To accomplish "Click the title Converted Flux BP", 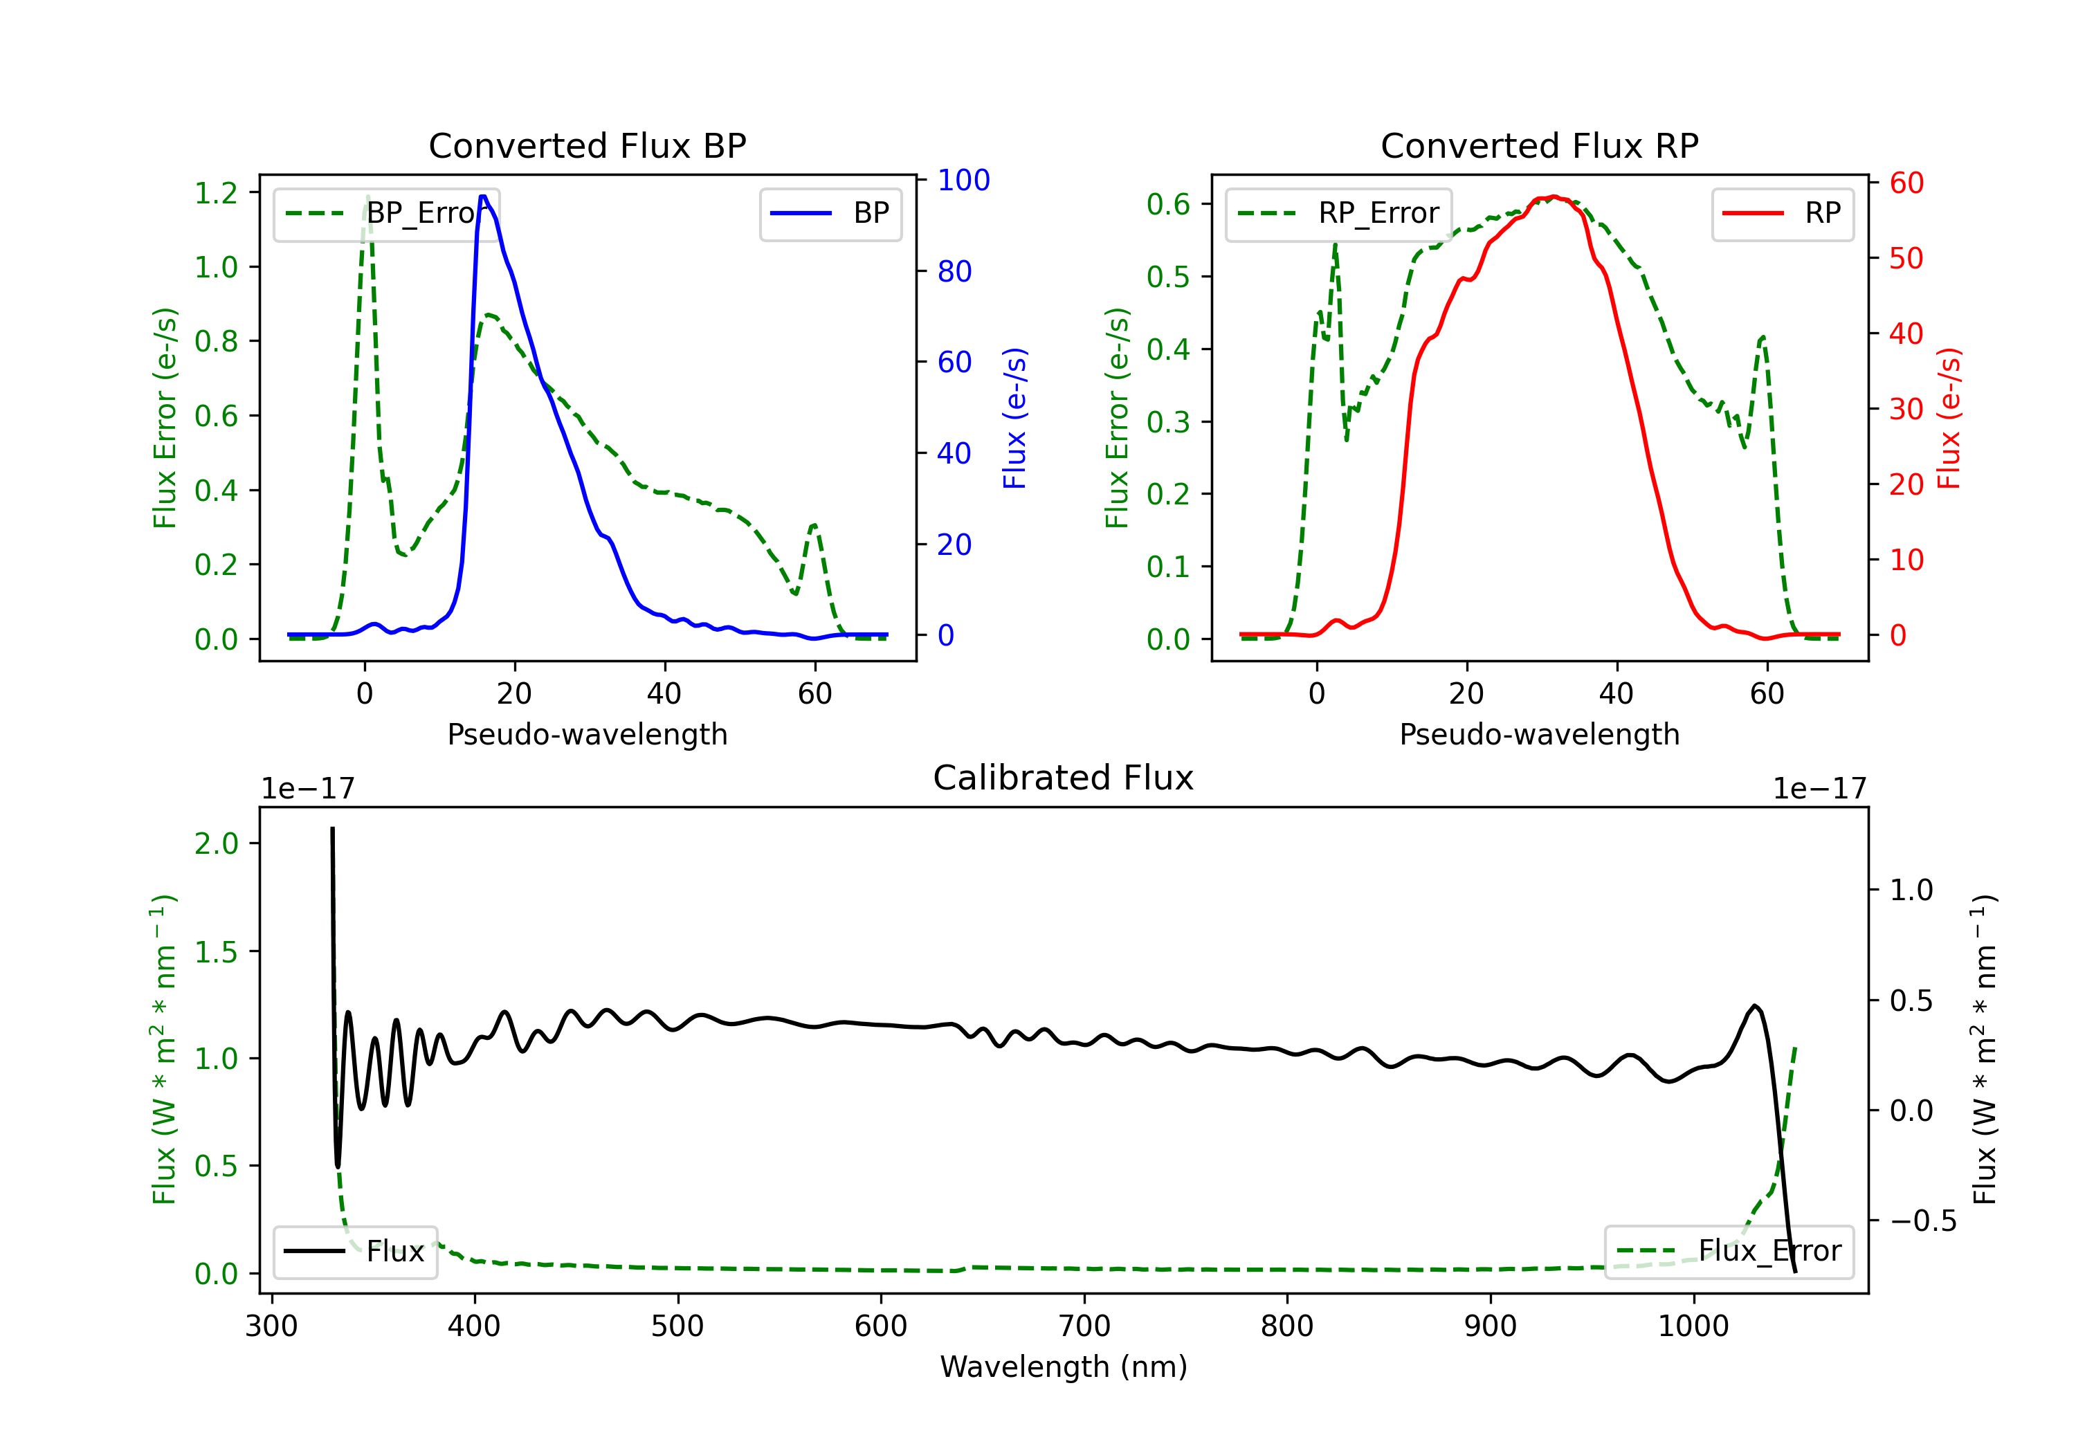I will [x=587, y=145].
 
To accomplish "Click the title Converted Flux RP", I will [x=1539, y=145].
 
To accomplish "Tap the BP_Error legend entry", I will [x=386, y=213].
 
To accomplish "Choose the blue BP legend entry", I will [x=830, y=213].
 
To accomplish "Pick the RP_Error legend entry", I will [x=1338, y=213].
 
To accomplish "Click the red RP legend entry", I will [x=1782, y=213].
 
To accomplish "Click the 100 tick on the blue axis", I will [x=963, y=180].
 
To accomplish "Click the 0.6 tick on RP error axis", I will [x=1168, y=204].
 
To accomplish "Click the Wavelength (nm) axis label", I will [x=1064, y=1367].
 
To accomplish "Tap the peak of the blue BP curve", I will [x=483, y=197].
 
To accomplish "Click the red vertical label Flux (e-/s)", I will [x=1949, y=418].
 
